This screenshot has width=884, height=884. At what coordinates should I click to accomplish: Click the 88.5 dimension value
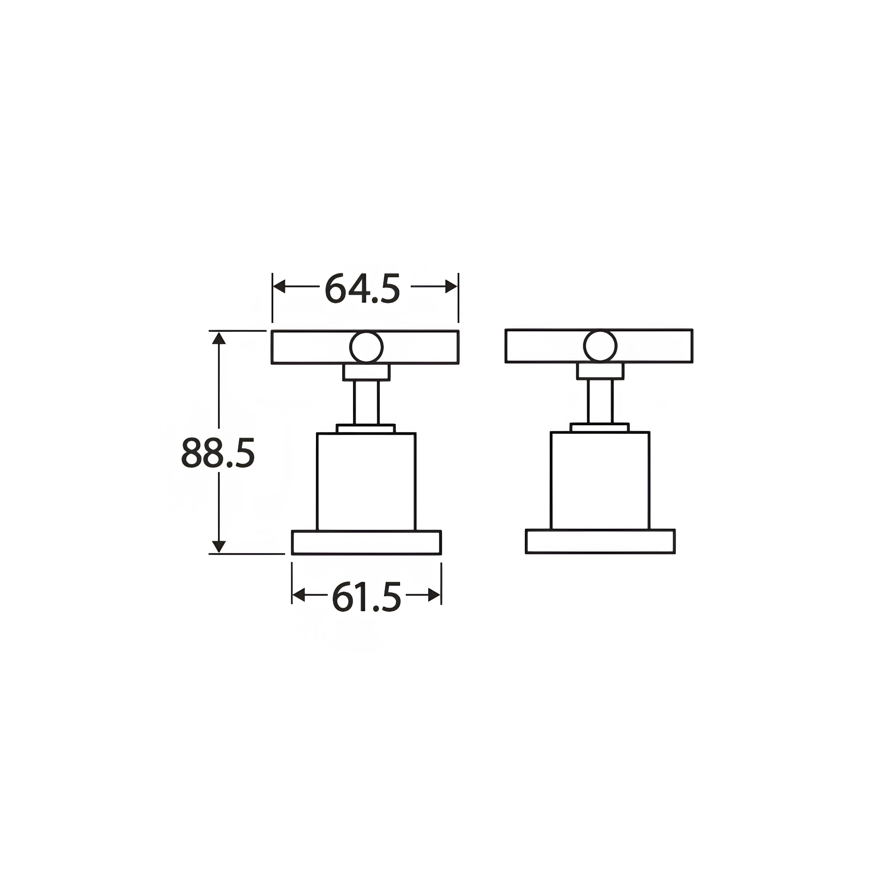tap(218, 452)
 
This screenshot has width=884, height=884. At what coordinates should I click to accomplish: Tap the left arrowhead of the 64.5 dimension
tap(279, 287)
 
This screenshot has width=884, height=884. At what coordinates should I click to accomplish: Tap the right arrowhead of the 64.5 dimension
tap(451, 287)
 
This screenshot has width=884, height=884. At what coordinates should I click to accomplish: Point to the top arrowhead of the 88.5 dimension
tap(219, 338)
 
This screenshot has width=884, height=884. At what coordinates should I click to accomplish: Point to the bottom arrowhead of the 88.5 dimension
tap(219, 546)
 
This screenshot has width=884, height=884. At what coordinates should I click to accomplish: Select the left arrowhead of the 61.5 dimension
tap(298, 595)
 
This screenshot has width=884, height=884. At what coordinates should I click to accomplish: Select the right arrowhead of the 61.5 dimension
tap(435, 595)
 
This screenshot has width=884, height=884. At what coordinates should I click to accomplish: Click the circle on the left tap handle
tap(366, 347)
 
